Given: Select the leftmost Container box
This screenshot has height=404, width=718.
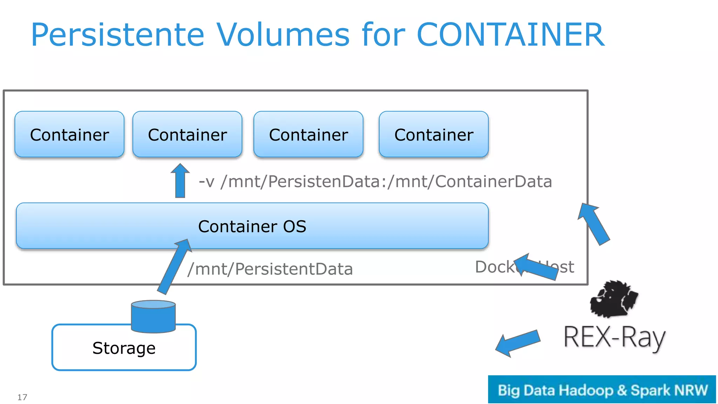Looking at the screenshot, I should [x=69, y=135].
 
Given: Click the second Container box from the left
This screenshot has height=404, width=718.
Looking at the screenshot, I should [x=187, y=135].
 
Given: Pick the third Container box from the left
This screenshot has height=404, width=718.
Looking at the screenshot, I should [x=308, y=135].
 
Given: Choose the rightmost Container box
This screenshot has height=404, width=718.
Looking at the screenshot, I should [x=434, y=135].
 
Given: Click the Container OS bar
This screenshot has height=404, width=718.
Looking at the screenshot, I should [x=252, y=226].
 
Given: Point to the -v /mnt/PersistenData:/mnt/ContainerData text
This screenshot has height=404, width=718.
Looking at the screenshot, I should [x=375, y=182].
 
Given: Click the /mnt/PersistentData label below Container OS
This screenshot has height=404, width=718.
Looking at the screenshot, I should [x=270, y=269].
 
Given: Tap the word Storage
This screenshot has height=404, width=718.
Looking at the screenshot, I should [x=124, y=348].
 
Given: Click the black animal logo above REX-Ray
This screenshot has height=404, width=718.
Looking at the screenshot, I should [x=614, y=299].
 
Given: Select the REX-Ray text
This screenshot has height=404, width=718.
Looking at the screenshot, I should [x=614, y=337].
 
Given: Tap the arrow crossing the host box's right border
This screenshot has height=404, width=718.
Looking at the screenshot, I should [x=594, y=224].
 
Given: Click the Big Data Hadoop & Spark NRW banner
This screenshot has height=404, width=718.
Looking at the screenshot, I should [x=602, y=390].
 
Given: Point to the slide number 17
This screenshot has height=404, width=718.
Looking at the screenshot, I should [x=22, y=397].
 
